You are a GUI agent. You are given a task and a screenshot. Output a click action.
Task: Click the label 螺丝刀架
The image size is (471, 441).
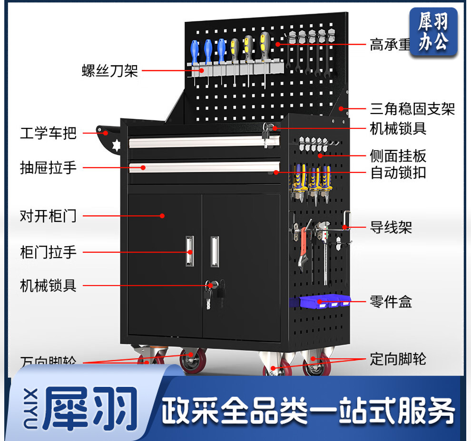click(109, 71)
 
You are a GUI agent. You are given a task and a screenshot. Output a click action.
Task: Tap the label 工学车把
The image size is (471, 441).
click(48, 133)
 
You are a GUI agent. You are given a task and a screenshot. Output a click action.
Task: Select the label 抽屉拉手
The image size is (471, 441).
click(48, 167)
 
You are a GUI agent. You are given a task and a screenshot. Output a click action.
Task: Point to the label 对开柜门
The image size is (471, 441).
click(48, 216)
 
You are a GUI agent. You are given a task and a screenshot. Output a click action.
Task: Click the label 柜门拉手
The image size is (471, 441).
click(48, 251)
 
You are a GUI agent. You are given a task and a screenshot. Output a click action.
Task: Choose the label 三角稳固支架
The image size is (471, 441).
click(412, 109)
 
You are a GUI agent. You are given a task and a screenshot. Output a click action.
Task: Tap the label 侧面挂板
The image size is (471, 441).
click(398, 155)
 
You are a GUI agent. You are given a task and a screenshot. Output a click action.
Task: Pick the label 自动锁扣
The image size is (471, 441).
click(398, 173)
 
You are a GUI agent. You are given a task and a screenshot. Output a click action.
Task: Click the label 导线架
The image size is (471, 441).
click(391, 228)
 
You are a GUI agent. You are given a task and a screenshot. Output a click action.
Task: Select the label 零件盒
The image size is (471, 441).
click(391, 302)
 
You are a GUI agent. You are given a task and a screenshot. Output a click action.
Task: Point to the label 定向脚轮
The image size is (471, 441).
click(398, 359)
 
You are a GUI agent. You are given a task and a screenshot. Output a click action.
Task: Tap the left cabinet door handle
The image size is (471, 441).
click(190, 252)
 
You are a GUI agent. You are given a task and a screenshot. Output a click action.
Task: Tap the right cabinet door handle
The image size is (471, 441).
click(215, 251)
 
